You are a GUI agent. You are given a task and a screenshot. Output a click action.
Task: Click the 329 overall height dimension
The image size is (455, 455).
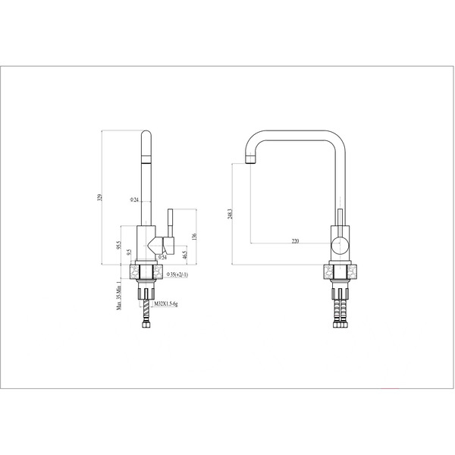(99, 198)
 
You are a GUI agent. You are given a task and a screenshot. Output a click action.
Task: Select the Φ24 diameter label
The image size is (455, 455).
(134, 199)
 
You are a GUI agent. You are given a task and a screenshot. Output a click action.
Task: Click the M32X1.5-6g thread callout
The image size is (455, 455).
(166, 303)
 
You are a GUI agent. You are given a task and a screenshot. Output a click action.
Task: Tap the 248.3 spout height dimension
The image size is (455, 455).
(240, 215)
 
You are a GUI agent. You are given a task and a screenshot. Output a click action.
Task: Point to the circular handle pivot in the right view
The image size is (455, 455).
(340, 244)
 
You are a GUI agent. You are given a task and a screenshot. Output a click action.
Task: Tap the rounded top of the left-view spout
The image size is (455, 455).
(146, 135)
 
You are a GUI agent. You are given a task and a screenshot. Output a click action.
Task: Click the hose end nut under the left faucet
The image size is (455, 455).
(146, 325)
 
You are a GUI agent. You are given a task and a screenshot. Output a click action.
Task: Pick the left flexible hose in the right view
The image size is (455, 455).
(336, 308)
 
